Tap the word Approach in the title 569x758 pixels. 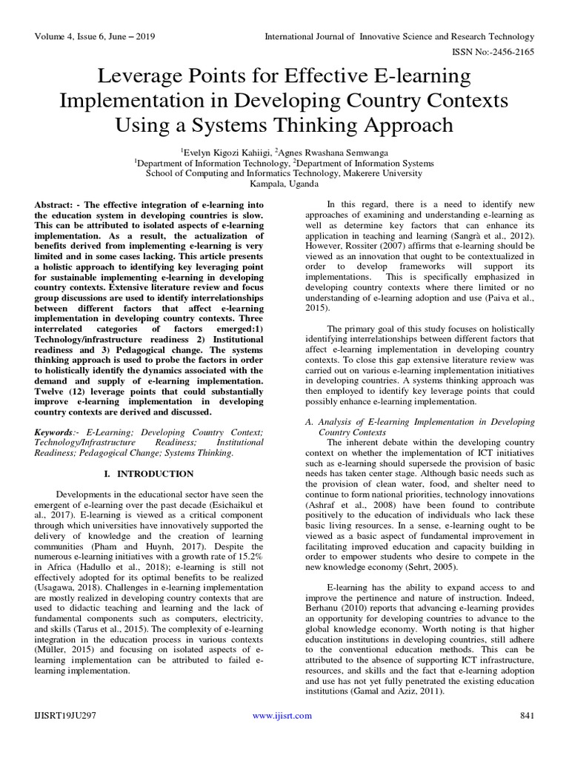(400, 123)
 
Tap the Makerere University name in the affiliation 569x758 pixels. (386, 172)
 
